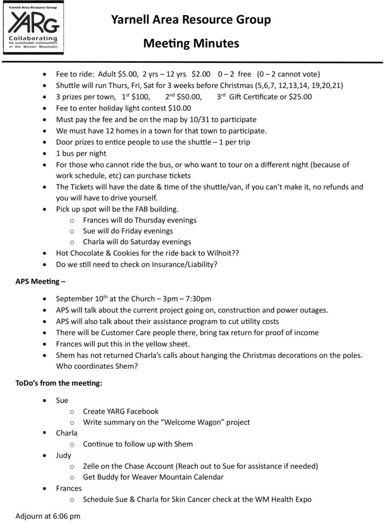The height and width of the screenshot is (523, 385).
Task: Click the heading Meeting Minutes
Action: (191, 43)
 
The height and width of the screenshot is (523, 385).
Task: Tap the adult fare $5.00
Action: (127, 74)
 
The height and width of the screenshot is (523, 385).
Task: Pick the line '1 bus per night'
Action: (81, 153)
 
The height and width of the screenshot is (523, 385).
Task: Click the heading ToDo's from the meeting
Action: (59, 383)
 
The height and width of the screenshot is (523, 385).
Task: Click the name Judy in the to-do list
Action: (63, 455)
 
